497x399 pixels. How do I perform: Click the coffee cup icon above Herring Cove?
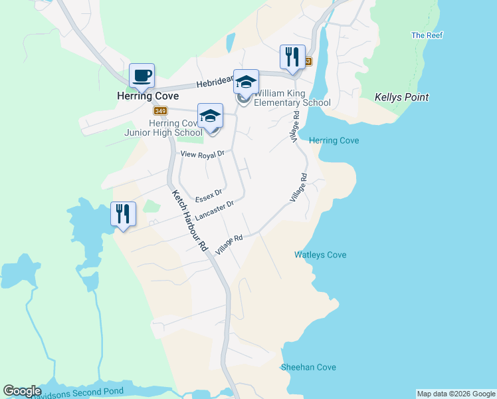click(x=142, y=76)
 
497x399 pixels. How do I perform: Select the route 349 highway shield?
click(x=160, y=110)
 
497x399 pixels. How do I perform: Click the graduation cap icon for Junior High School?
click(x=210, y=116)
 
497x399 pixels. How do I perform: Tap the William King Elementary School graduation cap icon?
click(x=246, y=82)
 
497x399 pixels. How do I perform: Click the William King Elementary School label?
click(x=292, y=98)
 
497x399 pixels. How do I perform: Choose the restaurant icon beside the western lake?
click(x=123, y=214)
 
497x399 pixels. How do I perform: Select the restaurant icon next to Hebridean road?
click(x=292, y=57)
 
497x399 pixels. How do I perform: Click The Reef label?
click(x=427, y=35)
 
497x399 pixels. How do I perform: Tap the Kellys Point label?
click(x=401, y=97)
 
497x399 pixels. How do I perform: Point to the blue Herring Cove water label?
click(x=334, y=140)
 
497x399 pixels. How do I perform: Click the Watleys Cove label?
click(x=320, y=255)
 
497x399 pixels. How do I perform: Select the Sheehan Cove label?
click(x=308, y=367)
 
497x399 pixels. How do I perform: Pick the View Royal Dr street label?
click(x=203, y=154)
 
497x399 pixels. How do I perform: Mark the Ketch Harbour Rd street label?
click(x=189, y=221)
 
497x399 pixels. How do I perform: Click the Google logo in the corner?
click(x=22, y=391)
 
